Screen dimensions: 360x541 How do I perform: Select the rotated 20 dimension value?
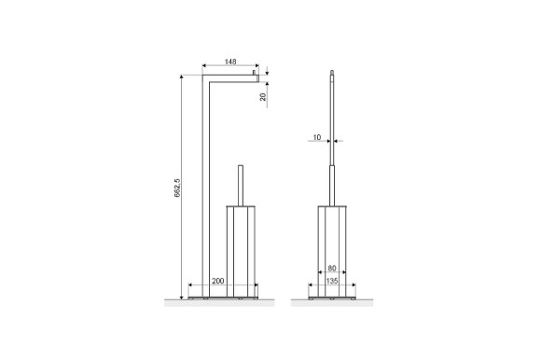(x=263, y=96)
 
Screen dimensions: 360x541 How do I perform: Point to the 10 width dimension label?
(x=318, y=138)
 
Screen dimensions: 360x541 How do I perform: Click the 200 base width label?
(x=216, y=281)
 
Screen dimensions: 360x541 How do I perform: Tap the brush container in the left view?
(x=242, y=247)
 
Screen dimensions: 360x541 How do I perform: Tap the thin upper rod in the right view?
(x=332, y=112)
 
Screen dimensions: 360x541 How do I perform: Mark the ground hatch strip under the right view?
(x=332, y=300)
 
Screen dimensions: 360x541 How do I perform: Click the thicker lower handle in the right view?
(x=332, y=182)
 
